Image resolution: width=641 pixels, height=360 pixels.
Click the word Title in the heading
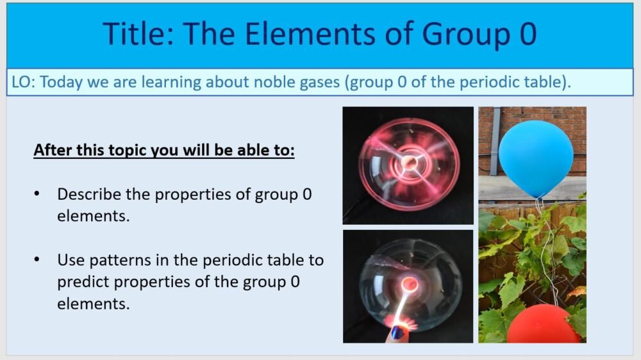(136, 33)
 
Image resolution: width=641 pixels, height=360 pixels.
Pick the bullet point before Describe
(38, 194)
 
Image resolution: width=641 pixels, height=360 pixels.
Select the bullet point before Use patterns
(38, 260)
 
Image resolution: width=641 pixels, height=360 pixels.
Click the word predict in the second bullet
(80, 282)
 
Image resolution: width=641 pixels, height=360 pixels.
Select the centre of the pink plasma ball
(408, 164)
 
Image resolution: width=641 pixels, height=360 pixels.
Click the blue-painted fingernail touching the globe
(397, 332)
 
